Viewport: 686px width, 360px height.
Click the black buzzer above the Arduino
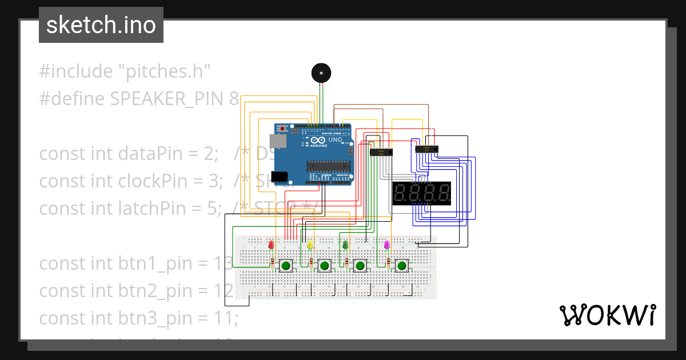pos(321,73)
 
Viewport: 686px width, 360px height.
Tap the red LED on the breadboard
pos(271,245)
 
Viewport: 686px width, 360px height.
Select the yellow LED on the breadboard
pos(310,245)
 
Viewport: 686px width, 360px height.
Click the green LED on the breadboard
pos(345,245)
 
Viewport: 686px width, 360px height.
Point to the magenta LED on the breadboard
pos(387,245)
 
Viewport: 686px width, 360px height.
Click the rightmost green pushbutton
pos(402,265)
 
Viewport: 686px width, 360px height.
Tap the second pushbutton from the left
pos(325,265)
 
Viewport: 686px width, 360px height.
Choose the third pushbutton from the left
pos(360,265)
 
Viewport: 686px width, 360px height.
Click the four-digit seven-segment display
pos(422,194)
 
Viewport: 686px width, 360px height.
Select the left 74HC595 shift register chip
pos(381,153)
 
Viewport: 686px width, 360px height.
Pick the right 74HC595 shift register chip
pos(426,149)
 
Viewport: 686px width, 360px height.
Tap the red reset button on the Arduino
pos(282,127)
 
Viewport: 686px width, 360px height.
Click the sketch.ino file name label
pos(101,25)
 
